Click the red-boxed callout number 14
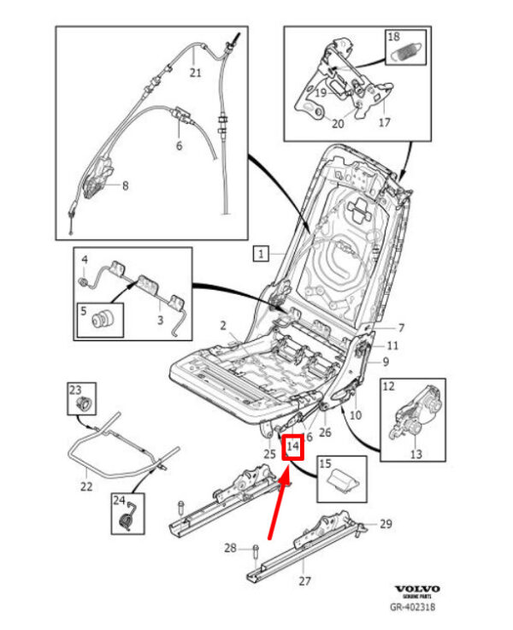293,446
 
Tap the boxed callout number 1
262,253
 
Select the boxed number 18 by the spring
393,37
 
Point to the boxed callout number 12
388,387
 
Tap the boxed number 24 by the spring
118,501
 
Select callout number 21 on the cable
195,73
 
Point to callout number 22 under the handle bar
85,486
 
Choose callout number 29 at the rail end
385,523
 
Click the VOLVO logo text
416,590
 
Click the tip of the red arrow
286,480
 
